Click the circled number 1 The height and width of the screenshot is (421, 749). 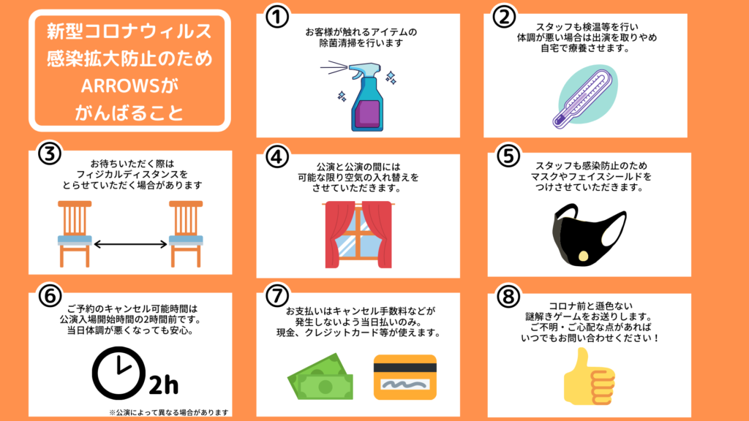(277, 17)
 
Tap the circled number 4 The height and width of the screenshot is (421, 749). (277, 156)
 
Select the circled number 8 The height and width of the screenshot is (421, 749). (508, 297)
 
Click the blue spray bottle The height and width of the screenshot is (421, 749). (367, 97)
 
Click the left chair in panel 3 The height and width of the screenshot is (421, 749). (75, 233)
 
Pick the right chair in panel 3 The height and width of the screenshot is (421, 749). (186, 233)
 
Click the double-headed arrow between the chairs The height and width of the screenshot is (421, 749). (130, 244)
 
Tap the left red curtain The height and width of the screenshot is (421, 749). (338, 235)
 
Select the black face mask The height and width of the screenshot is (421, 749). (589, 235)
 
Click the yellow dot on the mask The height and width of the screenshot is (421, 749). (583, 257)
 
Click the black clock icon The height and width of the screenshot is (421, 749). (118, 373)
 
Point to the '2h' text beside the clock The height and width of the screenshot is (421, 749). (164, 384)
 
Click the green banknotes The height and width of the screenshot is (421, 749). (320, 376)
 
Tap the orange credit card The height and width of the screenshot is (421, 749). (405, 377)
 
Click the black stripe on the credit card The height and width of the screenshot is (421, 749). (405, 368)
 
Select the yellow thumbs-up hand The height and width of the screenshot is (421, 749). (588, 376)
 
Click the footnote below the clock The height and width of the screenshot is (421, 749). (169, 412)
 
